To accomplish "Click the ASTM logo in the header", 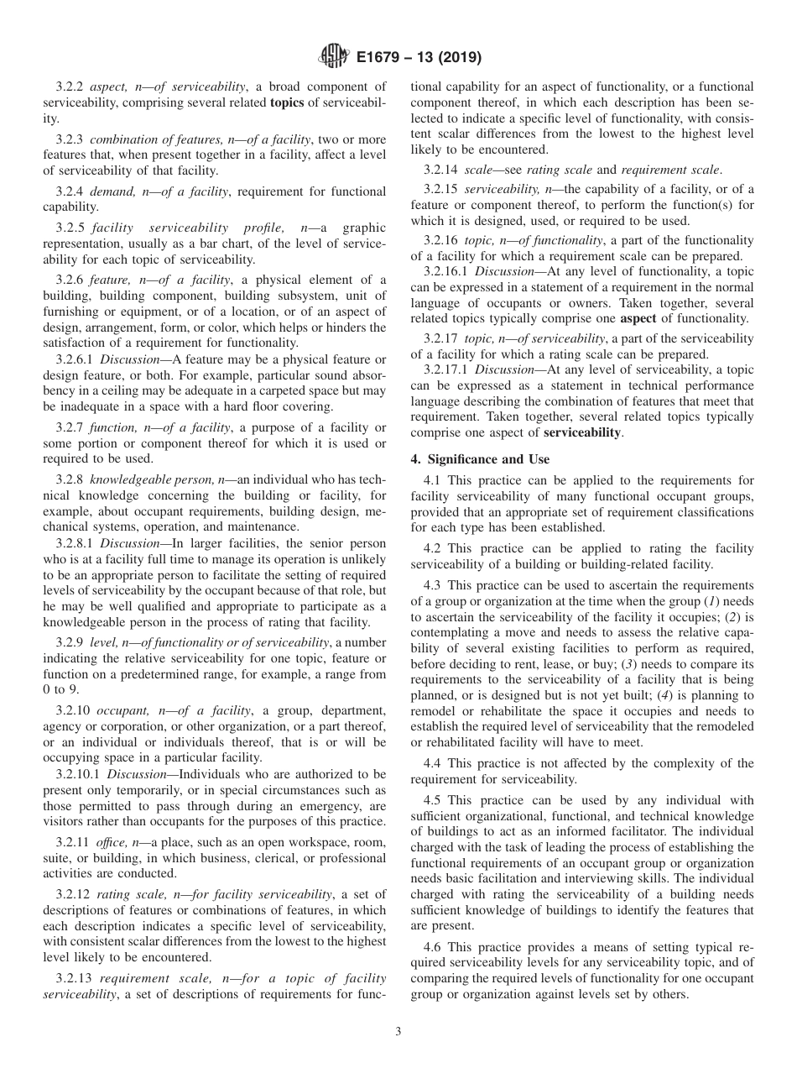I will (x=334, y=58).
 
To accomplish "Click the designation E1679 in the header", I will (x=383, y=58).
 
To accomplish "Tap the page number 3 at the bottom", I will (x=398, y=1032).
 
